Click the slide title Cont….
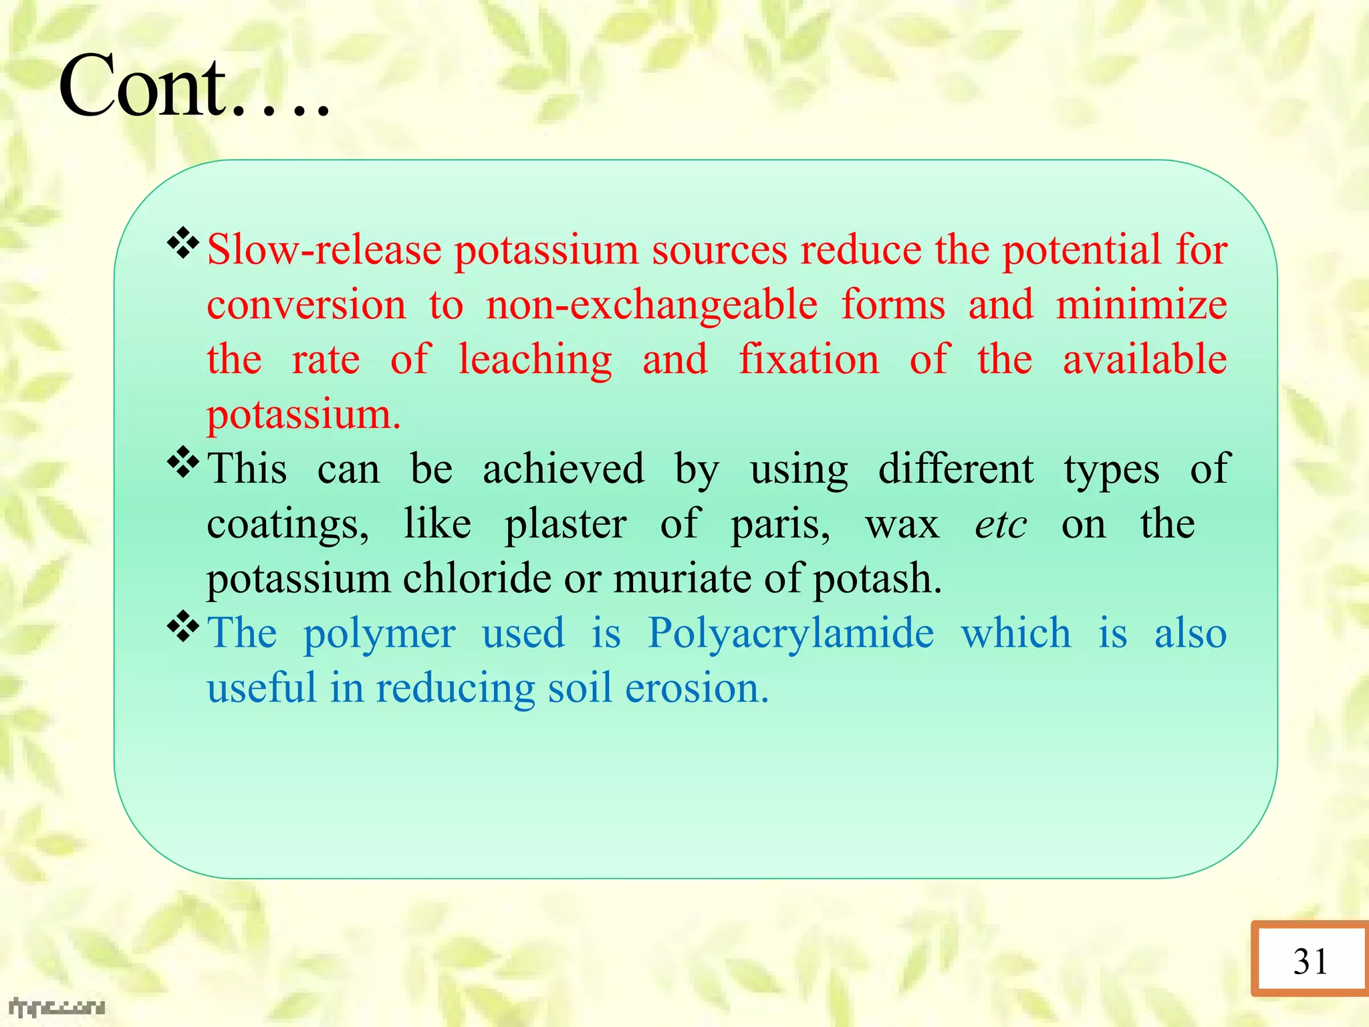(194, 87)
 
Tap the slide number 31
(1310, 961)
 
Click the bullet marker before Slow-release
(182, 244)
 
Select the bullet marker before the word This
(182, 463)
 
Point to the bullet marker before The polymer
(182, 627)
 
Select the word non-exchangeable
(652, 305)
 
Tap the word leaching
(535, 360)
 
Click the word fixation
(809, 360)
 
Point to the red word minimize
(1142, 305)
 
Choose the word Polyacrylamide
(791, 634)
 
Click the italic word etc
(1001, 524)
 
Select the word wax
(902, 524)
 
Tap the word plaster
(566, 524)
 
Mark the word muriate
(682, 578)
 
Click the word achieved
(564, 469)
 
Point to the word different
(956, 469)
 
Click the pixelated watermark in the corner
(57, 1007)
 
